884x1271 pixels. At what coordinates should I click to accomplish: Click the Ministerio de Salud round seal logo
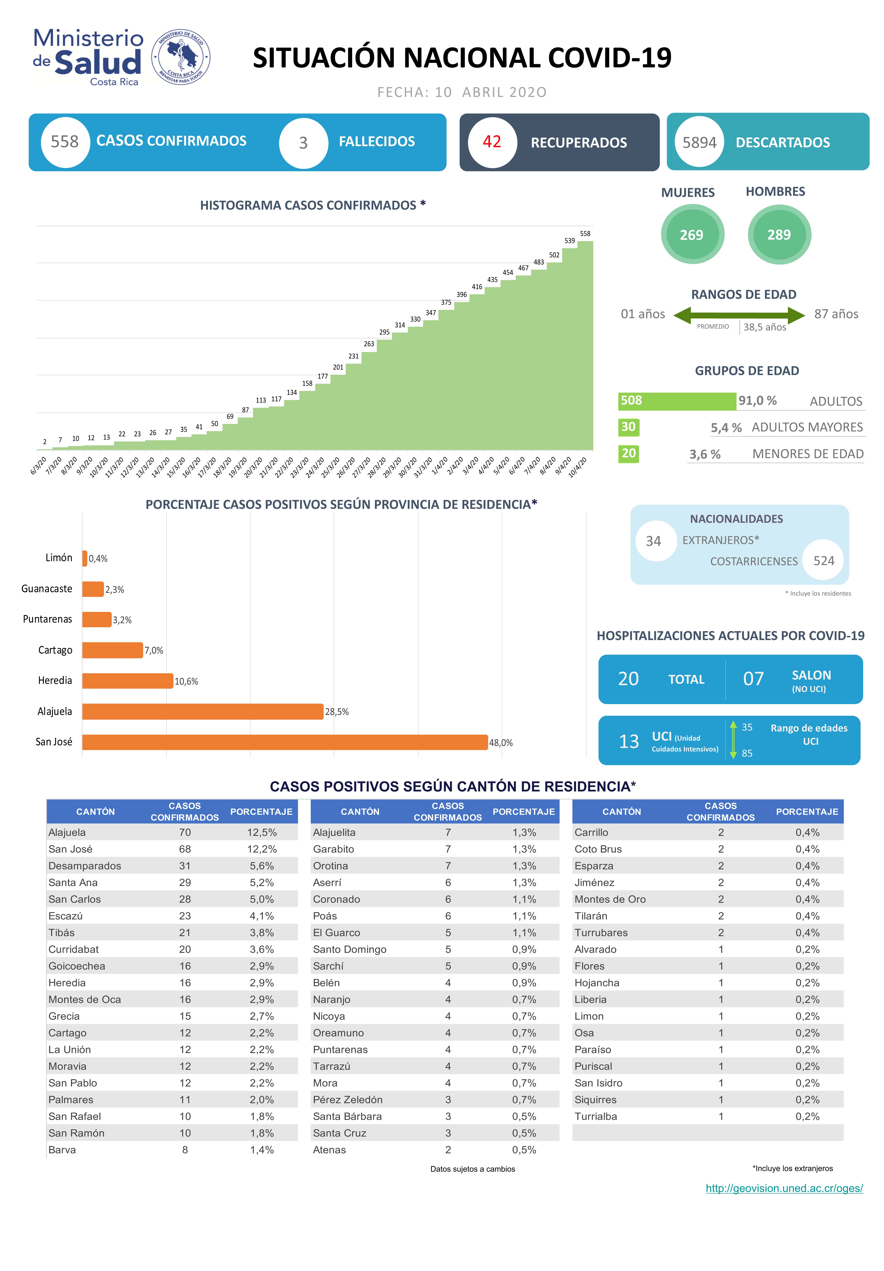point(181,57)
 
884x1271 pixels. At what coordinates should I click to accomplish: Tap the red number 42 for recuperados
point(491,142)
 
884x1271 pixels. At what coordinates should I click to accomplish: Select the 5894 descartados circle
point(699,142)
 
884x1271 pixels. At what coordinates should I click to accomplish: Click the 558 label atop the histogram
point(584,234)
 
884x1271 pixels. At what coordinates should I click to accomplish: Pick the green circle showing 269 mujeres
point(692,235)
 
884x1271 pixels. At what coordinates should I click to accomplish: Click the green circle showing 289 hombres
point(779,235)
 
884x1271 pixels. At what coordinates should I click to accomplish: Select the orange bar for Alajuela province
point(203,711)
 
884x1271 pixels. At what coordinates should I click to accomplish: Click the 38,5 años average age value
point(764,327)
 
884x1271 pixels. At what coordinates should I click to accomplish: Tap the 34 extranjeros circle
point(654,541)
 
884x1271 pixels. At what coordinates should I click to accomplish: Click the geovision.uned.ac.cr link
point(784,1188)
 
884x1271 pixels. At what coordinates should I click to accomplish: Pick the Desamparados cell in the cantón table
point(85,866)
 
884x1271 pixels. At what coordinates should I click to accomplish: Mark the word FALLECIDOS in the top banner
point(376,142)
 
